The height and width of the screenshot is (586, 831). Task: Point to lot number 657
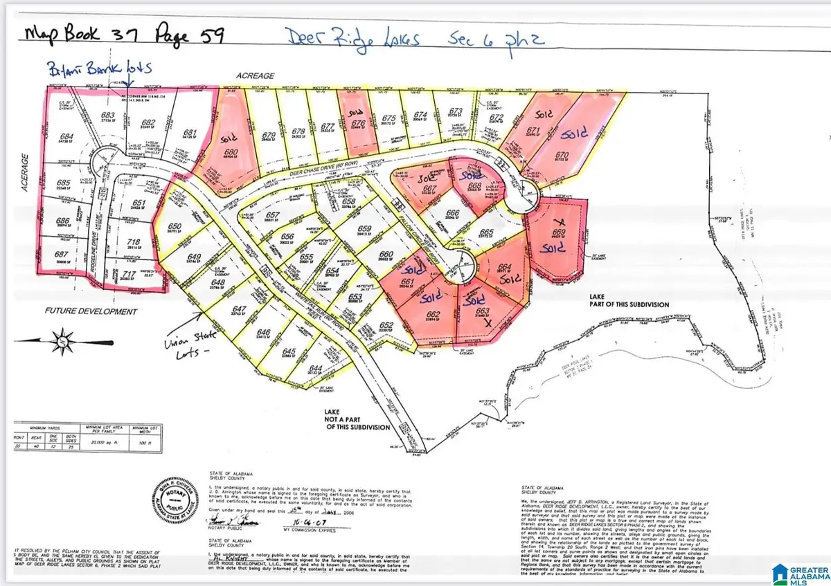273,215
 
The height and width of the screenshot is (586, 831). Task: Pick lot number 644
316,367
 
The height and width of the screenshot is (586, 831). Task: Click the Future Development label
91,311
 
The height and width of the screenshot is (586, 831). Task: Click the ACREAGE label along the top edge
256,75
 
